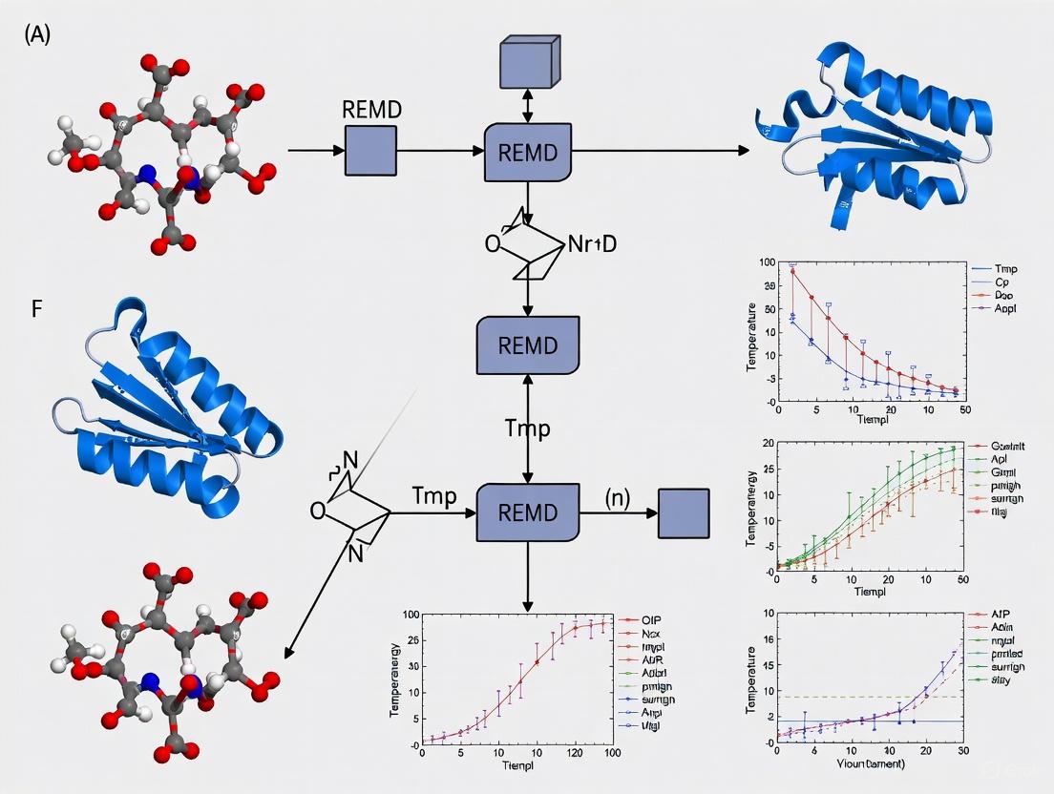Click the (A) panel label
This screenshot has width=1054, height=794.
coord(37,35)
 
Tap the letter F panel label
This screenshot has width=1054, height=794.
coord(37,311)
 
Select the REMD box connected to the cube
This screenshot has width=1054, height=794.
coord(528,152)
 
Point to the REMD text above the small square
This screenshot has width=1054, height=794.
coord(371,108)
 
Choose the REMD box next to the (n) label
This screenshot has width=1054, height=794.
coord(528,512)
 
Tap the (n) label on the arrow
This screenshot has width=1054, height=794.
coord(618,496)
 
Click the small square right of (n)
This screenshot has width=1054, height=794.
coord(684,512)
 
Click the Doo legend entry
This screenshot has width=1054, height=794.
coord(1003,296)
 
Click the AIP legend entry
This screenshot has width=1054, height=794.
coord(1001,617)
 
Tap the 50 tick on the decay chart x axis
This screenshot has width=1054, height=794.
coord(964,408)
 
